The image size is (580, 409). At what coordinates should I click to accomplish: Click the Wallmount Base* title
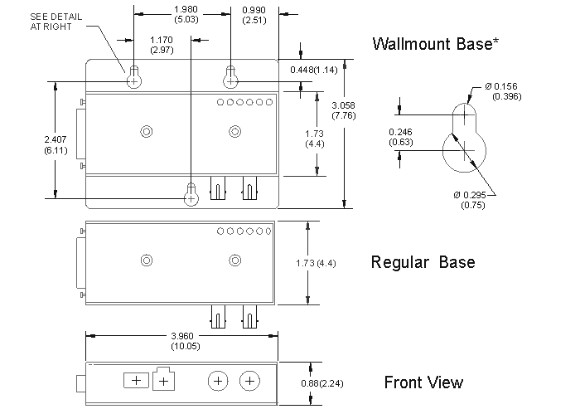[x=435, y=44]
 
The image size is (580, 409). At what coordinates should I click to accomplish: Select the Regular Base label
[x=423, y=262]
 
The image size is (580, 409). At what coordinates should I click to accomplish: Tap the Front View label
[x=423, y=382]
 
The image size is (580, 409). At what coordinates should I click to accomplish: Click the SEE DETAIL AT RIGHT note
[x=56, y=22]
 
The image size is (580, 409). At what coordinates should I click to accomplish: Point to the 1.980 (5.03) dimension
[x=186, y=14]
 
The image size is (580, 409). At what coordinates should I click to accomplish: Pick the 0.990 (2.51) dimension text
[x=254, y=15]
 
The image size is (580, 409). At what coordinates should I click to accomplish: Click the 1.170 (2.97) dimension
[x=162, y=45]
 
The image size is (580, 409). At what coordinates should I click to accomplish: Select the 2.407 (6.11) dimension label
[x=56, y=145]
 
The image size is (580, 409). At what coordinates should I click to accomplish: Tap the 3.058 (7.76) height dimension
[x=344, y=110]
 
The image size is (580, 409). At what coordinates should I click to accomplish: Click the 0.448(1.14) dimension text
[x=314, y=70]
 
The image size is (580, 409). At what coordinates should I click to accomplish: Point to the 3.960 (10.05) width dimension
[x=186, y=341]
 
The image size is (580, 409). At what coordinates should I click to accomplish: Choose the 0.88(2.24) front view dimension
[x=321, y=383]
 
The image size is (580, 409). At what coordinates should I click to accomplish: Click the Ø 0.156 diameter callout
[x=503, y=91]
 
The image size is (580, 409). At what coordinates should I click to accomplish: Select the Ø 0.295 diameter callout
[x=470, y=200]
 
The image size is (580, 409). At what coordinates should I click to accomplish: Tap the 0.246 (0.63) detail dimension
[x=400, y=137]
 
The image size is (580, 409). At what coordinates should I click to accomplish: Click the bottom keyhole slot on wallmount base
[x=191, y=194]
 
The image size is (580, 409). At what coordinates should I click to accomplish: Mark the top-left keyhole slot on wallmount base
[x=134, y=76]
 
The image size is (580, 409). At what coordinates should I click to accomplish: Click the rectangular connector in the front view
[x=136, y=381]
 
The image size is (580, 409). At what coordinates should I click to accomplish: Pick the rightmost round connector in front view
[x=250, y=381]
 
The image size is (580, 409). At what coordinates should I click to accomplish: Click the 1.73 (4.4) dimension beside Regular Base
[x=316, y=263]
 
